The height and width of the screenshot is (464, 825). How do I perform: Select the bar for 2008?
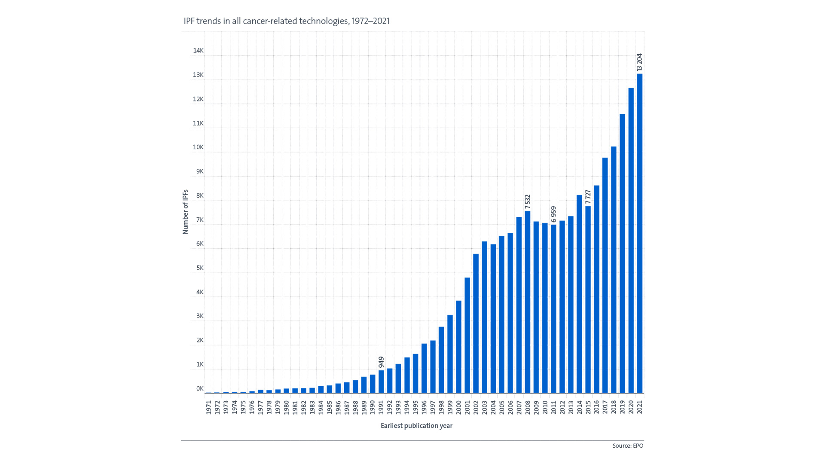pos(527,302)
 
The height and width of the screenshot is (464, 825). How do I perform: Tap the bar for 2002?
pos(476,324)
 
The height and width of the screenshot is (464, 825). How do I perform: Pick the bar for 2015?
pos(588,299)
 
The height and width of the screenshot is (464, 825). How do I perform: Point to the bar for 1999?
pos(450,354)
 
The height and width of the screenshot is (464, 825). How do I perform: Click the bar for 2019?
pos(622,253)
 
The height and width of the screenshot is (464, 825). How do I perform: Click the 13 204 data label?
pos(639,62)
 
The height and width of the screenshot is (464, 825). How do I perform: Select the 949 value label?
pos(381,362)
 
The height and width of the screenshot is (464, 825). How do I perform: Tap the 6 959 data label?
pos(553,214)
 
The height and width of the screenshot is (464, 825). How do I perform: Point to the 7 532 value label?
pos(528,202)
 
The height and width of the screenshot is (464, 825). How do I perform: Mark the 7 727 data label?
pos(588,197)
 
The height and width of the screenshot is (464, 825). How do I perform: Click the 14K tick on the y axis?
pos(198,51)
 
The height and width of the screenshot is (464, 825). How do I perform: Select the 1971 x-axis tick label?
pos(209,407)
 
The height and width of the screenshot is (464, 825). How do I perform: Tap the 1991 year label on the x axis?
pos(381,407)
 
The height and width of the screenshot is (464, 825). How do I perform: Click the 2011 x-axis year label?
pos(553,407)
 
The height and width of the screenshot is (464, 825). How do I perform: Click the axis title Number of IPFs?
pos(186,212)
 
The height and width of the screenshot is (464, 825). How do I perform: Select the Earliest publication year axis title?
pos(416,426)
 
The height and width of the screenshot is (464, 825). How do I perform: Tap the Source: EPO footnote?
pos(628,446)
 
